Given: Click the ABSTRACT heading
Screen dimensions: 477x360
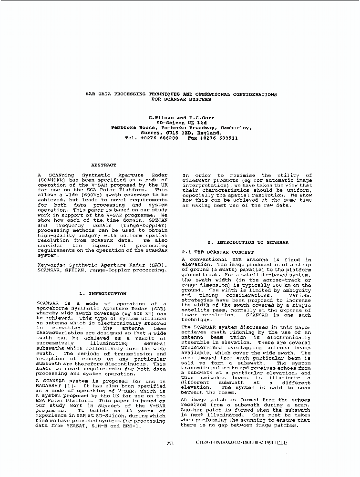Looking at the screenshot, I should tap(103, 165).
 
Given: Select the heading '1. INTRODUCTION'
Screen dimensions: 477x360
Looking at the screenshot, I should tap(103, 294).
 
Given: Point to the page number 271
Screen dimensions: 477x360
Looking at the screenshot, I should tap(170, 443).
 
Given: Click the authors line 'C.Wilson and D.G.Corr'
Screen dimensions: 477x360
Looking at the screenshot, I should tap(181, 117).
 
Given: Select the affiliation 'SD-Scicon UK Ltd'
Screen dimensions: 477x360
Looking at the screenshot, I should tap(181, 123).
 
